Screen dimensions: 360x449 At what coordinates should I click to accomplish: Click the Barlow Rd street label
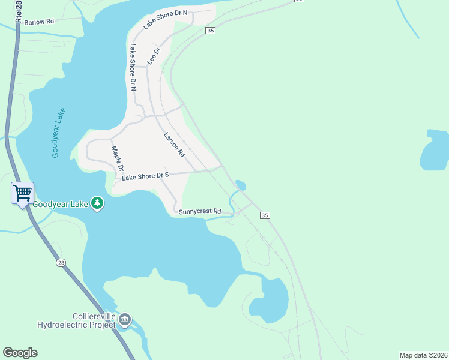pos(37,21)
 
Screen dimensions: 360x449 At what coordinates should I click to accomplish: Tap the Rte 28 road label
pos(19,11)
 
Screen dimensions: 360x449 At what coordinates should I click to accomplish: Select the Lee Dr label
pos(154,57)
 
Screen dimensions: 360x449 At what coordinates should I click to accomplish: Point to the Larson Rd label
pos(174,145)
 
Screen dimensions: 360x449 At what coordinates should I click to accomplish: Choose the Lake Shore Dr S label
pos(146,176)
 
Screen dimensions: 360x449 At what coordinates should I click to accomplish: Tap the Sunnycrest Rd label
pos(200,212)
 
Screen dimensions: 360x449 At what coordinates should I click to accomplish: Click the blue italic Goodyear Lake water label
pos(58,133)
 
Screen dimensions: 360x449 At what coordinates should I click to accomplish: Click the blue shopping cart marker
pos(22,194)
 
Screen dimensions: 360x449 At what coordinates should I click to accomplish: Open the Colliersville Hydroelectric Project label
pos(76,320)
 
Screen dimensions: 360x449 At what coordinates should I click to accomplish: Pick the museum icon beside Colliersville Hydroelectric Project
pos(125,319)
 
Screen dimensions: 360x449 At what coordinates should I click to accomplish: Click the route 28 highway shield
pos(61,263)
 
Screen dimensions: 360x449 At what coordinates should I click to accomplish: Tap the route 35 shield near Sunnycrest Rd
pos(265,215)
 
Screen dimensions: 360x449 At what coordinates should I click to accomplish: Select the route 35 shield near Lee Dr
pos(209,31)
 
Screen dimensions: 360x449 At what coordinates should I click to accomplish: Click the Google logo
pos(20,353)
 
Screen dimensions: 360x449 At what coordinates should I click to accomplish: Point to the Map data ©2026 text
pos(423,355)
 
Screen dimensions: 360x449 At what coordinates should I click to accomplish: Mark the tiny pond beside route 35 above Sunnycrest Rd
pos(240,184)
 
